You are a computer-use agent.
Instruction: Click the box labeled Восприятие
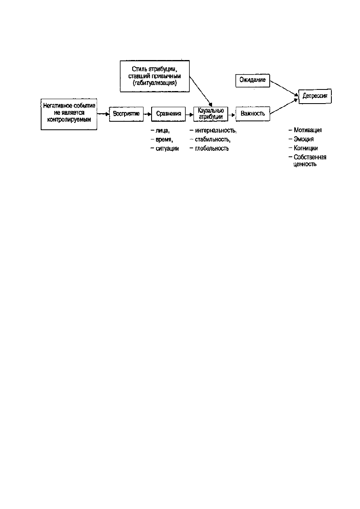(126, 114)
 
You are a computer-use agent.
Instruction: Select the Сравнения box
(169, 114)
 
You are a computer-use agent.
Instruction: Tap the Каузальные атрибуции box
(211, 114)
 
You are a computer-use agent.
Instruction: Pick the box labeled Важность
(253, 114)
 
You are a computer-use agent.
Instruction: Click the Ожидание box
(253, 81)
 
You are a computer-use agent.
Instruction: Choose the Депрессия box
(315, 96)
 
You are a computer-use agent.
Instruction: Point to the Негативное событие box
(69, 114)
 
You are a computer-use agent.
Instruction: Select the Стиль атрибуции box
(155, 76)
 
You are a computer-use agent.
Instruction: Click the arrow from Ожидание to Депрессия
(284, 88)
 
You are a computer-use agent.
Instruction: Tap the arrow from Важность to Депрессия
(284, 106)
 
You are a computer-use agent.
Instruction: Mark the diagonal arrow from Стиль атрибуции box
(201, 91)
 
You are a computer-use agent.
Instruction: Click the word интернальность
(215, 131)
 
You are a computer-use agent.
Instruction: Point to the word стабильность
(212, 139)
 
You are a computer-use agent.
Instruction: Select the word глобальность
(212, 148)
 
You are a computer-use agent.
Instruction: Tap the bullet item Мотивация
(305, 130)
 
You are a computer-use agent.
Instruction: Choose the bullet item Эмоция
(301, 139)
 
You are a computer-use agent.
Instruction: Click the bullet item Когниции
(303, 148)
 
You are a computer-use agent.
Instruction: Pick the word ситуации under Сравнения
(167, 149)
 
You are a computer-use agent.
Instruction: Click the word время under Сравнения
(164, 139)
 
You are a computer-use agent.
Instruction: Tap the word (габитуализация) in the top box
(155, 83)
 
